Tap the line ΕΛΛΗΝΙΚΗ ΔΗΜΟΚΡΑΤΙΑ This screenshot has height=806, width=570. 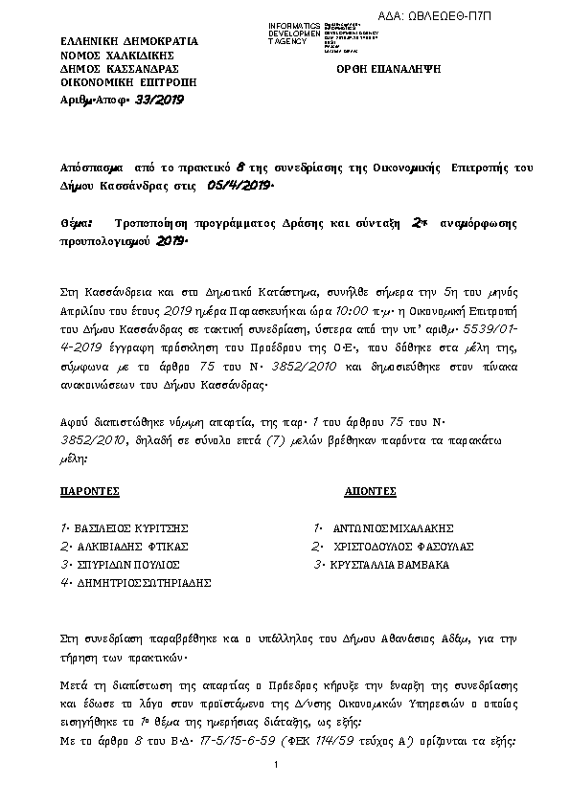point(128,42)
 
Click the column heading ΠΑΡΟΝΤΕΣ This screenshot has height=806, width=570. point(89,490)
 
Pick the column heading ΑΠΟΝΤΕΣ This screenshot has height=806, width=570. point(370,490)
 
